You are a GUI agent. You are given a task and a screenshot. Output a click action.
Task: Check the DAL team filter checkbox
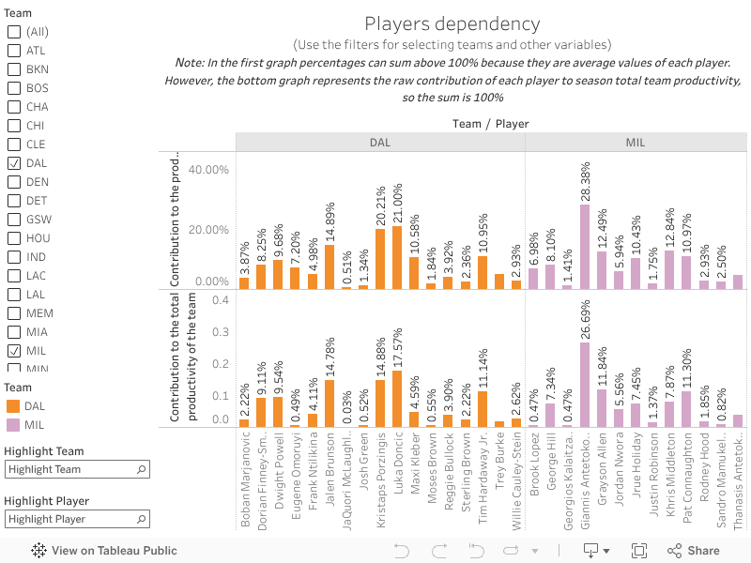click(x=14, y=163)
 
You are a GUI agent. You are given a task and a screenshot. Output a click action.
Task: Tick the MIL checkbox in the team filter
click(x=14, y=351)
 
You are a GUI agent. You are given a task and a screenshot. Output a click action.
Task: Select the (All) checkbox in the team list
click(x=14, y=32)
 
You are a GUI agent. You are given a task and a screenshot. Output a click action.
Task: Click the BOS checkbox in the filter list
click(x=14, y=88)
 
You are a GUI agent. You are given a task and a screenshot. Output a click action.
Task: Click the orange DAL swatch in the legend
click(x=13, y=406)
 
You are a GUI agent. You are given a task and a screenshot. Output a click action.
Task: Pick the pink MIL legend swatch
click(x=13, y=425)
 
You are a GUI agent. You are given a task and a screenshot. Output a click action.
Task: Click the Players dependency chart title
click(x=452, y=24)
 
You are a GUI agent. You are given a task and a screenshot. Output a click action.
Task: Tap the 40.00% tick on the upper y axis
click(x=208, y=170)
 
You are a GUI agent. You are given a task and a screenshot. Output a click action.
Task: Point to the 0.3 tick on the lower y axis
click(x=221, y=332)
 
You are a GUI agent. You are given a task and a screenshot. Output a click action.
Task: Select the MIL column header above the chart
click(x=635, y=142)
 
